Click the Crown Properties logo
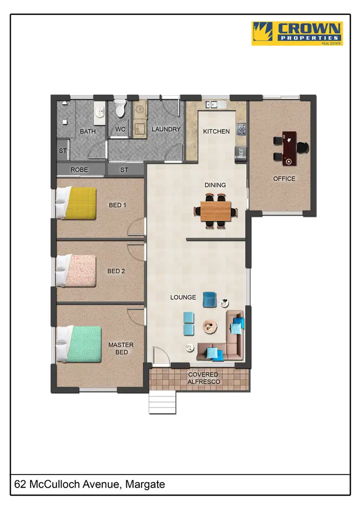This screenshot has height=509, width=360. coord(297,34)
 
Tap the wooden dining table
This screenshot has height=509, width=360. coord(216,211)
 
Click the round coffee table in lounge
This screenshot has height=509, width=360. coord(210,326)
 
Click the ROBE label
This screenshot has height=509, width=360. coord(79,170)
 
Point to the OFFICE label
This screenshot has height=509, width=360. coord(284,178)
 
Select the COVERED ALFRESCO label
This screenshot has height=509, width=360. coord(203,378)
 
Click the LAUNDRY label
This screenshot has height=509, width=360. coord(166,129)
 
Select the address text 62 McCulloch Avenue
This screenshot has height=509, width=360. coord(90,485)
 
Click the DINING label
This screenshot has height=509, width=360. coord(215,185)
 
